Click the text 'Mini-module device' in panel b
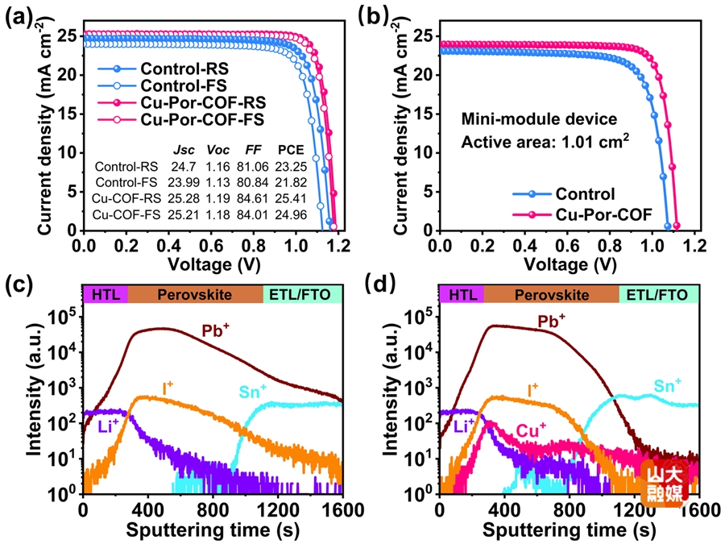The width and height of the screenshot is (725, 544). coord(539,119)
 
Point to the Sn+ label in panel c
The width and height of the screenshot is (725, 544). coord(257,392)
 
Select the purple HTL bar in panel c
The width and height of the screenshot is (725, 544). coord(105,295)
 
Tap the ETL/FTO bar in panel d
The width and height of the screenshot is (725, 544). coord(659,295)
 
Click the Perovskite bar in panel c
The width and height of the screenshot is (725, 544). coord(195,295)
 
